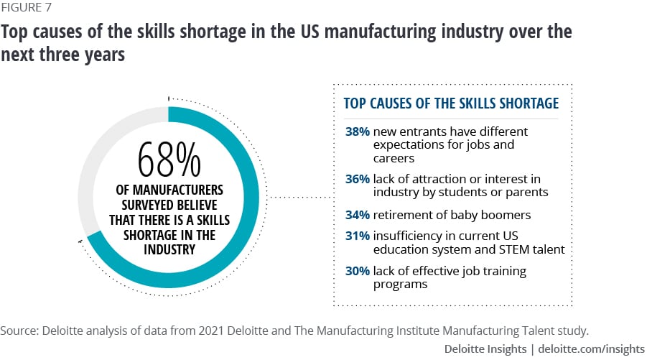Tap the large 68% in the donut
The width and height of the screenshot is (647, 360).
click(169, 160)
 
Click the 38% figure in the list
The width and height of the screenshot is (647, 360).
click(358, 131)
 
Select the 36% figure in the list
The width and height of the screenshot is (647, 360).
click(358, 178)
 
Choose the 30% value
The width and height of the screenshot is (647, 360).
click(358, 271)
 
